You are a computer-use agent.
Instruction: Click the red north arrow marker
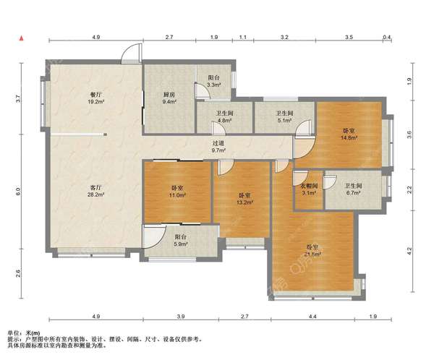click(x=21, y=38)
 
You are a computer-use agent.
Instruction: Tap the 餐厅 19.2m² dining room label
click(x=95, y=98)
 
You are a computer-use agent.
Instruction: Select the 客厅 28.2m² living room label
click(x=95, y=192)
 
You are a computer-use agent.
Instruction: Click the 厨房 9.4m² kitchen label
click(x=169, y=98)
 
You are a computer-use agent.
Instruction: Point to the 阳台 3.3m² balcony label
click(x=214, y=82)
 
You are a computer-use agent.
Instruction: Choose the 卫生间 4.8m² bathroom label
click(x=224, y=117)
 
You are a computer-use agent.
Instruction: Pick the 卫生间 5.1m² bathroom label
click(x=284, y=117)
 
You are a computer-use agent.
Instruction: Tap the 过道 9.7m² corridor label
click(x=218, y=147)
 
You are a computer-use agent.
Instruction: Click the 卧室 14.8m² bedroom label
click(x=349, y=134)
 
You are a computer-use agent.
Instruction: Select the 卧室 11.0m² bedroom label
click(x=177, y=192)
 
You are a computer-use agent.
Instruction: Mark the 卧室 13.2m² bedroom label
click(x=245, y=199)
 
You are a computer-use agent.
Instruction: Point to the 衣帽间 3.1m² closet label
click(x=309, y=189)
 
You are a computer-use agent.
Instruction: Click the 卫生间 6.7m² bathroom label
click(x=353, y=189)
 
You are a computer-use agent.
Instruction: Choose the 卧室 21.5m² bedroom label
click(x=312, y=250)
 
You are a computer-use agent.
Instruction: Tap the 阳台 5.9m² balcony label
click(x=180, y=241)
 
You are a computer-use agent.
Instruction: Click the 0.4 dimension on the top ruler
click(x=387, y=37)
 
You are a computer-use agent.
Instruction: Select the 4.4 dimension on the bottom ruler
click(x=312, y=316)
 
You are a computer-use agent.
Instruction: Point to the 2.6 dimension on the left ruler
click(x=17, y=273)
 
